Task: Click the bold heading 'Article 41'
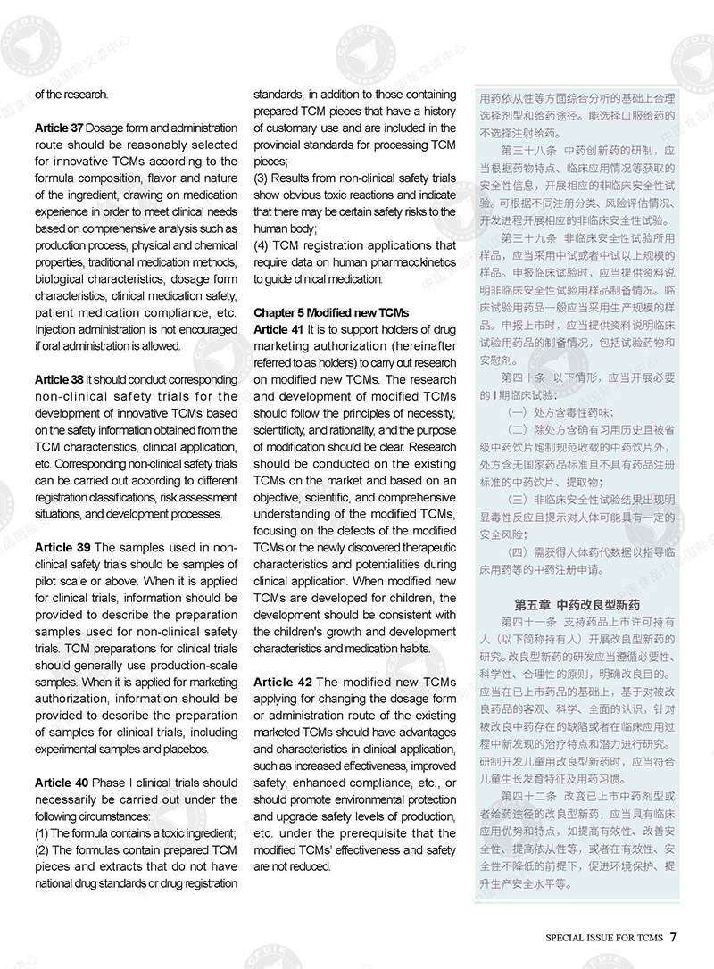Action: pyautogui.click(x=279, y=329)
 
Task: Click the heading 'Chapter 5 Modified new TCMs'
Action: pyautogui.click(x=330, y=312)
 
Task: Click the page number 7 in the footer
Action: pyautogui.click(x=675, y=937)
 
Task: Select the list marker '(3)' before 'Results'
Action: pyautogui.click(x=262, y=178)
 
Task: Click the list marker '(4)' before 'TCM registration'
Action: pyautogui.click(x=262, y=244)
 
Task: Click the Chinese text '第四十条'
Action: pyautogui.click(x=525, y=377)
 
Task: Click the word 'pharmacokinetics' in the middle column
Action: pyautogui.click(x=415, y=261)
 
